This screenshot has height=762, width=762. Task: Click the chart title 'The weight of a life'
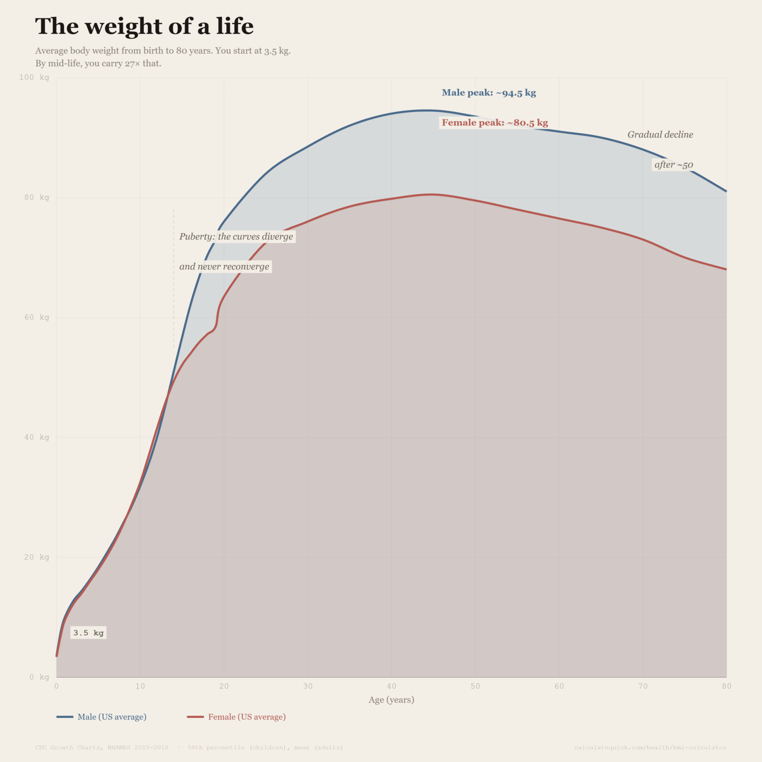[144, 26]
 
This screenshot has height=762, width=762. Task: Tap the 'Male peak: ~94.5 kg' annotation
[489, 93]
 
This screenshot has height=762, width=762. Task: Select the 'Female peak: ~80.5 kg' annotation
[495, 123]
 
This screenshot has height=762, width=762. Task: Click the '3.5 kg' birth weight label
[88, 633]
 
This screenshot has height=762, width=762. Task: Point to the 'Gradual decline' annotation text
[660, 134]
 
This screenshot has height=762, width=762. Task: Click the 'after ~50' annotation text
[673, 165]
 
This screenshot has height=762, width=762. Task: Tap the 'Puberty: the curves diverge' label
[236, 237]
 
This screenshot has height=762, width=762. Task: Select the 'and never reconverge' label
[224, 266]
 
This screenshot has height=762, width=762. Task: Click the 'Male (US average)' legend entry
[102, 717]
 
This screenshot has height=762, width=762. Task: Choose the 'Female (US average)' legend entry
[237, 717]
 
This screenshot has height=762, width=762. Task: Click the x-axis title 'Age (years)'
[391, 699]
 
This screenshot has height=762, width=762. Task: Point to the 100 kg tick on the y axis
[34, 77]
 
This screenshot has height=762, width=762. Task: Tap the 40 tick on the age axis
[391, 686]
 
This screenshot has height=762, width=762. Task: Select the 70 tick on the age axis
[642, 686]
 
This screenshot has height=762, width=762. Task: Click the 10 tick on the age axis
[140, 686]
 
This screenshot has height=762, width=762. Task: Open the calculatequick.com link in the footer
[650, 748]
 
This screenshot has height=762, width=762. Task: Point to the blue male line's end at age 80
[726, 191]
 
